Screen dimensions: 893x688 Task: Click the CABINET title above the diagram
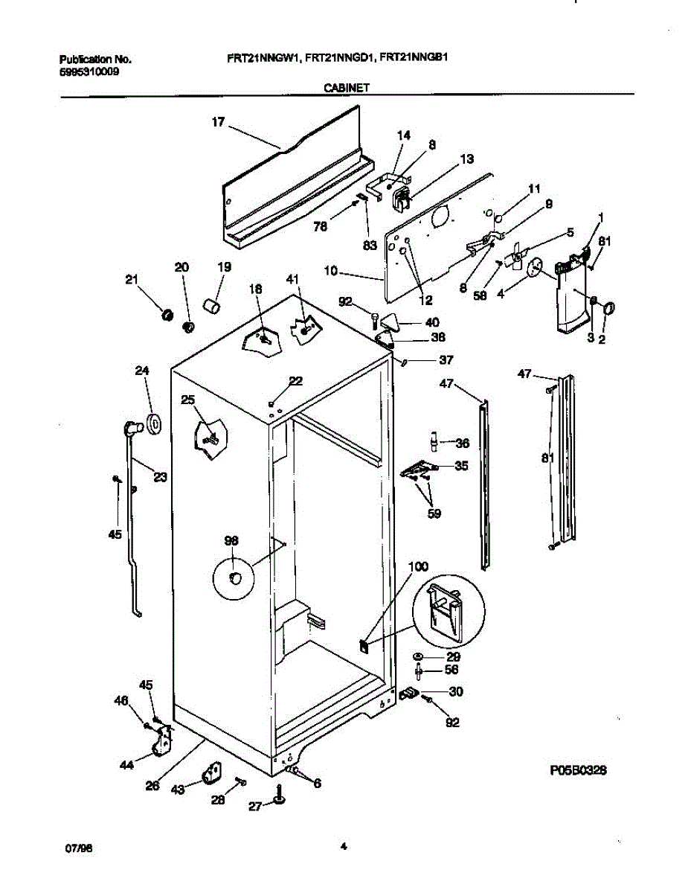click(x=347, y=87)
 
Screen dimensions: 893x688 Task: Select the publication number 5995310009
click(x=87, y=71)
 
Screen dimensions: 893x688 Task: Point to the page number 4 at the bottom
click(x=343, y=846)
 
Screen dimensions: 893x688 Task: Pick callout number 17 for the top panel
click(x=217, y=124)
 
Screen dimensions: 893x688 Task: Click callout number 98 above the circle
click(x=232, y=542)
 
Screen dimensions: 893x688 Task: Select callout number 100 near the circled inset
click(x=418, y=567)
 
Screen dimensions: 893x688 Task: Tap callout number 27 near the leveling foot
click(x=254, y=806)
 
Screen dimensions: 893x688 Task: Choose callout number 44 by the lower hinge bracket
click(x=127, y=764)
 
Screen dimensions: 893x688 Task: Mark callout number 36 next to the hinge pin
click(x=462, y=444)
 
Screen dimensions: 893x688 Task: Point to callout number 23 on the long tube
click(x=160, y=478)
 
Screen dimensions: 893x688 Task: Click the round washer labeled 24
click(x=155, y=423)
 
